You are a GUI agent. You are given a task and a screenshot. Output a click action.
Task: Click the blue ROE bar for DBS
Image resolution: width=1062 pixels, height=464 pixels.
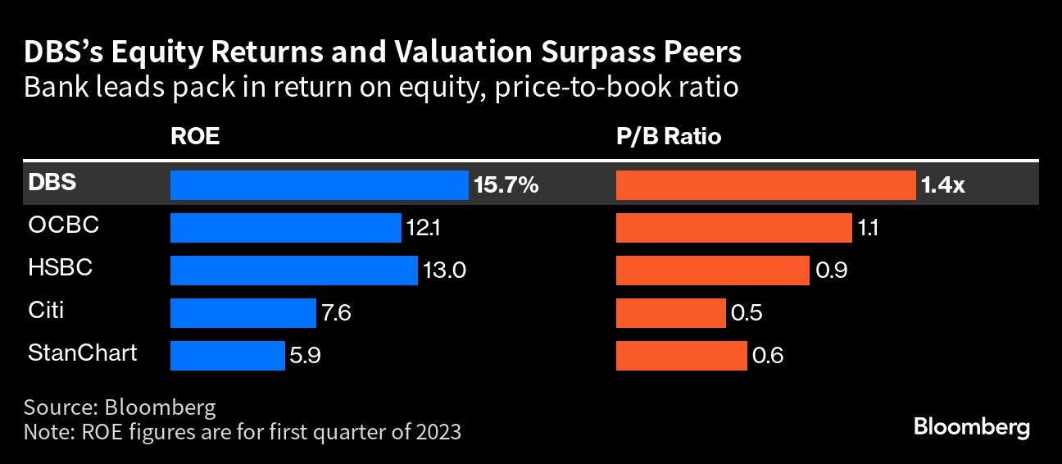point(319,185)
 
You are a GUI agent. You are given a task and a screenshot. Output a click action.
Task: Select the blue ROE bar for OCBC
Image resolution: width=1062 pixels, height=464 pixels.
point(285,228)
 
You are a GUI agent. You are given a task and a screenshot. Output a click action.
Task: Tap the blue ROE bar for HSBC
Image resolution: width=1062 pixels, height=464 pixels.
point(293,271)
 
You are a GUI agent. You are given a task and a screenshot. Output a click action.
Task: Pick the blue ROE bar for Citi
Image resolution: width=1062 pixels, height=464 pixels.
point(243,313)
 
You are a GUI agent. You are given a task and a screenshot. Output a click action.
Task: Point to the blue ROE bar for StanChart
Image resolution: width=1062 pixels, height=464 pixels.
point(227,356)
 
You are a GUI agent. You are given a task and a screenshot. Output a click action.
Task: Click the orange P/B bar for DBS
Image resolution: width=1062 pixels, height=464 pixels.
point(765,185)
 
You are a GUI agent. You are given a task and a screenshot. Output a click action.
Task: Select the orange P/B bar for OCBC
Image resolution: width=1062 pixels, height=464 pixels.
point(733,228)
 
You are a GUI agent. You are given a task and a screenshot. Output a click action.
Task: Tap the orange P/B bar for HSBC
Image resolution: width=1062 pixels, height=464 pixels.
point(712,271)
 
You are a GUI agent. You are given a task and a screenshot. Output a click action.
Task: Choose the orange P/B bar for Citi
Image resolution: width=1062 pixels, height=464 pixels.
point(670,313)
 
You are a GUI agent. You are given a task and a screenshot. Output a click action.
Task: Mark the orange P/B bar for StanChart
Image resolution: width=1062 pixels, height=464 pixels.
point(681,356)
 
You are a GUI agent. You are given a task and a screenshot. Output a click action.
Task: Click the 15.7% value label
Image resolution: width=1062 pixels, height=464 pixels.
point(506,185)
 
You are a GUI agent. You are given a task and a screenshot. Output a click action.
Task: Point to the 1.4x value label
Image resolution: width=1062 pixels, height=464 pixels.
point(943,185)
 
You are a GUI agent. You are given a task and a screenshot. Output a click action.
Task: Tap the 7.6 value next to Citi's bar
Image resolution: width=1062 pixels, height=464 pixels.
point(336,313)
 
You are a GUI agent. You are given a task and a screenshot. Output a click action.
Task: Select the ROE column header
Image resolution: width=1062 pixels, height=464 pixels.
point(194,137)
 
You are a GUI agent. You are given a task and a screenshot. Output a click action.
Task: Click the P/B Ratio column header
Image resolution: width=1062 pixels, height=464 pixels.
point(669,137)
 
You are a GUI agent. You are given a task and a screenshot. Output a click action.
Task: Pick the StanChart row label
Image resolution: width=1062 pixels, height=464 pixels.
point(82,353)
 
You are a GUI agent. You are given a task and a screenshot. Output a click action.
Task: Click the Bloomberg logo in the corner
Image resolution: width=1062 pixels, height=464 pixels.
point(971,427)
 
